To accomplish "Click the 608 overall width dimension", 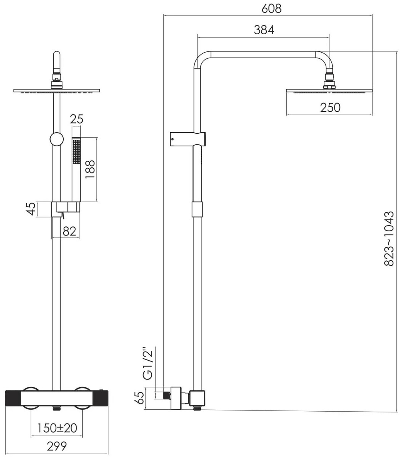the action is pyautogui.click(x=272, y=8).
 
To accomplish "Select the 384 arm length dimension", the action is pyautogui.click(x=264, y=30).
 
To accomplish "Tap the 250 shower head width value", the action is pyautogui.click(x=330, y=107).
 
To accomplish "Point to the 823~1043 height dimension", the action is pyautogui.click(x=389, y=238).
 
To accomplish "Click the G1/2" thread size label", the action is pyautogui.click(x=148, y=363).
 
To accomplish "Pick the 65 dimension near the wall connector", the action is pyautogui.click(x=140, y=398).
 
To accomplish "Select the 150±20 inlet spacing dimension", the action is pyautogui.click(x=57, y=428).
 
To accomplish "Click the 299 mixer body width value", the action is pyautogui.click(x=57, y=446).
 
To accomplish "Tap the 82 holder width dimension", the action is pyautogui.click(x=69, y=231).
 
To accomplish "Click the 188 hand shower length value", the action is pyautogui.click(x=90, y=170).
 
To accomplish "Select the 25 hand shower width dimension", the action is pyautogui.click(x=77, y=119).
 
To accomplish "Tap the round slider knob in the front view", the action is pyautogui.click(x=56, y=139).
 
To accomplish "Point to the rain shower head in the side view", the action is pyautogui.click(x=329, y=91).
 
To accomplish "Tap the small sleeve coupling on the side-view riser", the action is pyautogui.click(x=197, y=209).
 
